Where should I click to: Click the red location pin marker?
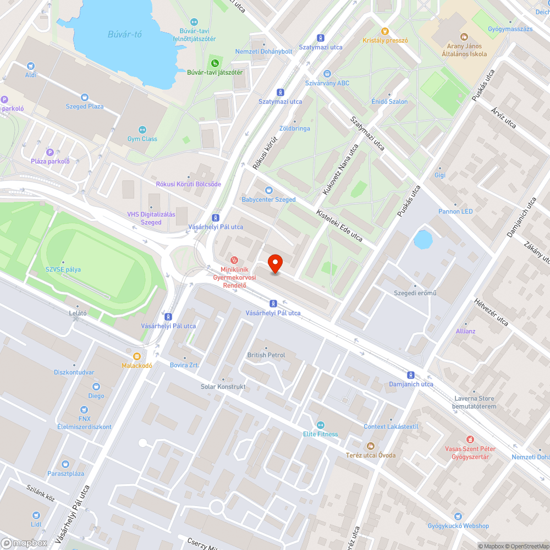(x=274, y=263)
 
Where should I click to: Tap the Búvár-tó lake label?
(x=125, y=35)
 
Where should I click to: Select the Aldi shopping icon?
(x=31, y=65)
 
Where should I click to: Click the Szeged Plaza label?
(x=84, y=106)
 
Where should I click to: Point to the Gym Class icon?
(x=142, y=129)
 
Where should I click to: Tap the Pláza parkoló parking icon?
(x=50, y=152)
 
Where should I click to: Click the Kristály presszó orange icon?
(x=385, y=31)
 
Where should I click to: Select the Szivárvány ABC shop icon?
(x=327, y=74)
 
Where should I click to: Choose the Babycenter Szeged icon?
(x=268, y=190)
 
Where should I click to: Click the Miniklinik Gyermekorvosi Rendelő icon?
(x=234, y=260)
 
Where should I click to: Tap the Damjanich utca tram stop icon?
(x=411, y=375)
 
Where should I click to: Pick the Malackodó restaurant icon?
(x=137, y=356)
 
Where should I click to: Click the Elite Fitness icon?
(x=321, y=425)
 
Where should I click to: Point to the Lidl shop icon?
(x=36, y=515)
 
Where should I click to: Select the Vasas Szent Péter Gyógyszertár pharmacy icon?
(x=470, y=439)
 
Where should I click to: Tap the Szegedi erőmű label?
(x=415, y=293)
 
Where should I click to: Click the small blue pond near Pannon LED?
(x=422, y=240)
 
